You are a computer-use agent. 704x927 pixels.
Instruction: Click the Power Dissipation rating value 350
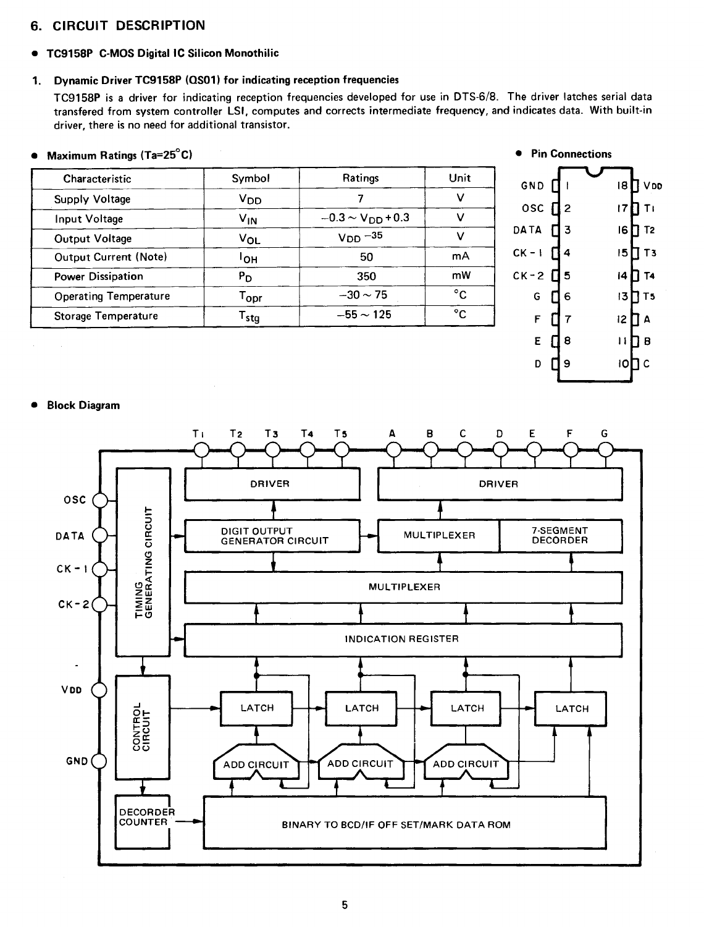coord(366,276)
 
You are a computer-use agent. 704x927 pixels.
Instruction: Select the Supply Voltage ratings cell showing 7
coord(361,198)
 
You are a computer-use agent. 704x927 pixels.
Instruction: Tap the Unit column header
coord(459,178)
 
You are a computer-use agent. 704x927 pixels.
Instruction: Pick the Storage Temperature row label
coord(106,316)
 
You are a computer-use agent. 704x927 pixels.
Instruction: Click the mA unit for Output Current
coord(460,256)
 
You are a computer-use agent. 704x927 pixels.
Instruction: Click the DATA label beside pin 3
coord(527,230)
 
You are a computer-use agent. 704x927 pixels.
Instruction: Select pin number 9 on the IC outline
coord(568,363)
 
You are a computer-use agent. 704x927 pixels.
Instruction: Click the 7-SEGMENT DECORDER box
coord(560,535)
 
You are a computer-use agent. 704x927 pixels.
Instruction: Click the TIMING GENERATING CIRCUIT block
coord(143,562)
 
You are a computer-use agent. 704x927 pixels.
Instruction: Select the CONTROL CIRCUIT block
coord(143,727)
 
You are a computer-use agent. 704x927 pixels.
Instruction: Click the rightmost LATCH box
coord(571,708)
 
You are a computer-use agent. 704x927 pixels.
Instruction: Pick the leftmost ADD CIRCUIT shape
coord(256,764)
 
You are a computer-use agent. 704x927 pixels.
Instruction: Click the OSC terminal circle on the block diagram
coord(100,500)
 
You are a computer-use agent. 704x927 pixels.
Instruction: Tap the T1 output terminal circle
coord(201,451)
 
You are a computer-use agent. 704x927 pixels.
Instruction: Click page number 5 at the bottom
coord(345,905)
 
